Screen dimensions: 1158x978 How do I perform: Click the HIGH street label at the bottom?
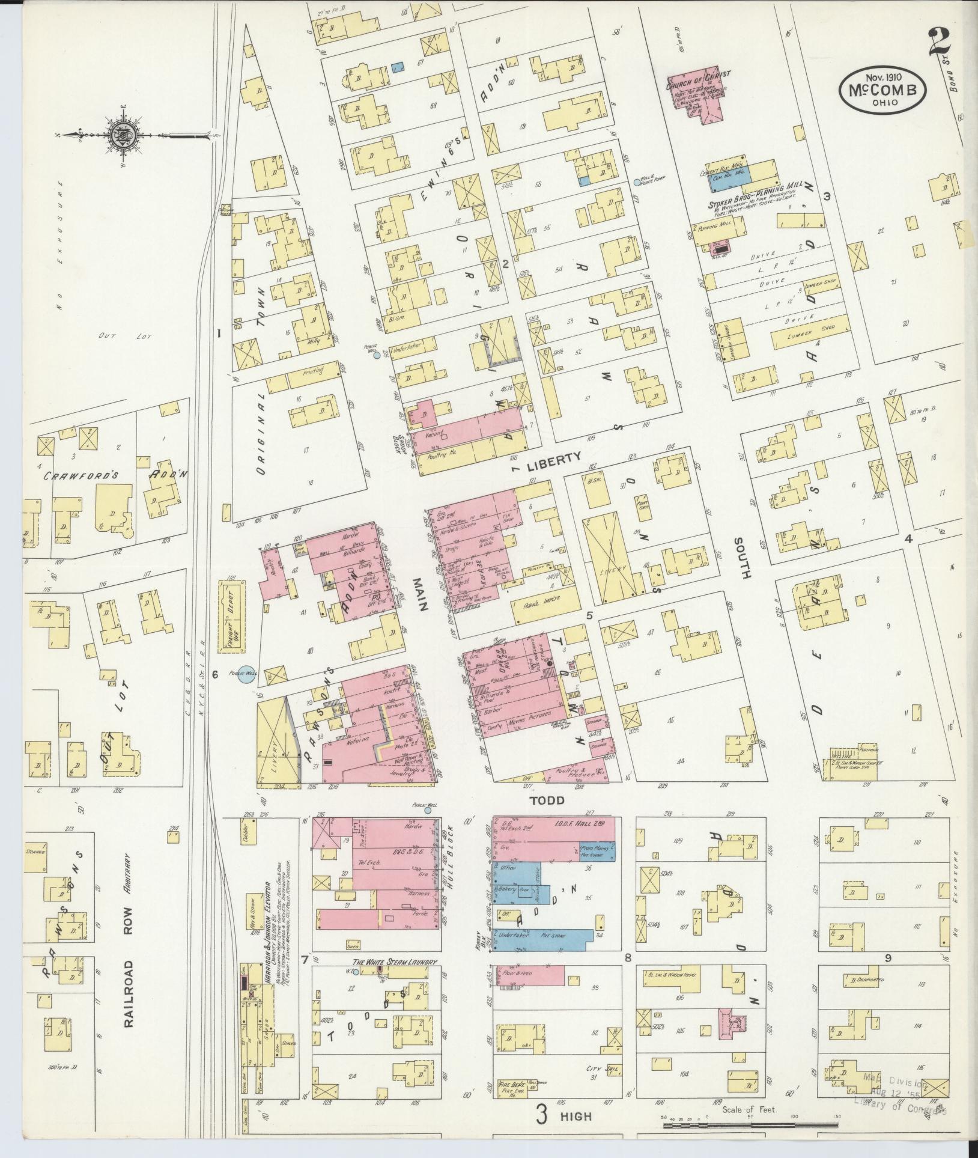pyautogui.click(x=576, y=1116)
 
